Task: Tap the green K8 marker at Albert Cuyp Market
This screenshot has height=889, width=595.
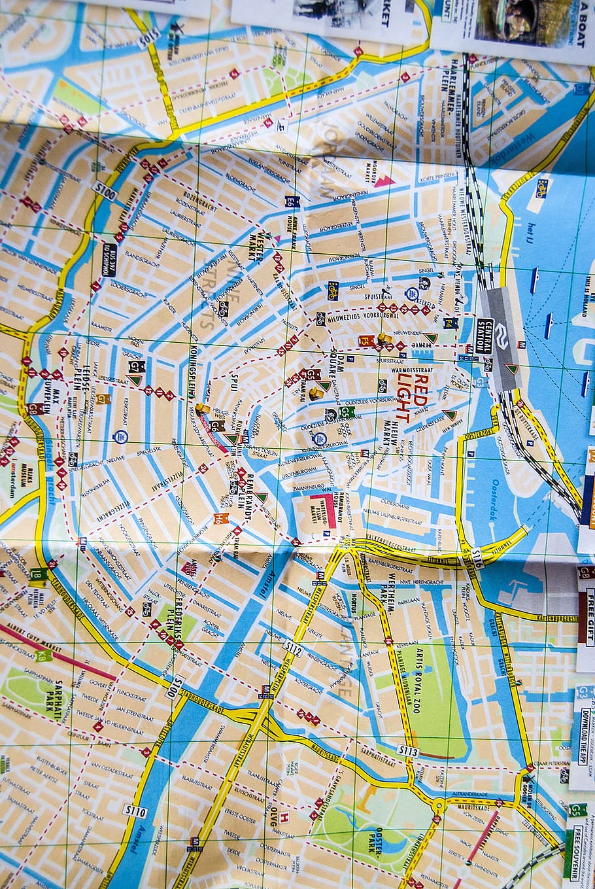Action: point(44,655)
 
